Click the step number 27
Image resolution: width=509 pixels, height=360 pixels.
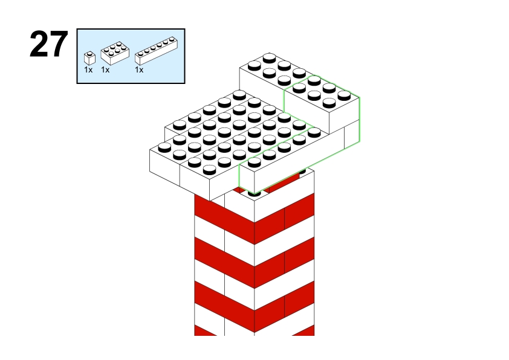click(49, 44)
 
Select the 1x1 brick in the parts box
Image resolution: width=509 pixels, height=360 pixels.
click(89, 58)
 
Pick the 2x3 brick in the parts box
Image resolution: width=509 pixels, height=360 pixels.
click(115, 53)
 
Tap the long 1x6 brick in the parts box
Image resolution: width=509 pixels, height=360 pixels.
click(156, 51)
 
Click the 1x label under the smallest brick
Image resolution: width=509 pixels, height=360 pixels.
click(88, 69)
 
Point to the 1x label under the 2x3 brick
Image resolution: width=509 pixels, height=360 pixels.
click(105, 69)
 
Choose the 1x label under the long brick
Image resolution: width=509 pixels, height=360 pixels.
click(139, 69)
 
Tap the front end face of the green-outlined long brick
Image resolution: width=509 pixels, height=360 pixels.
click(247, 178)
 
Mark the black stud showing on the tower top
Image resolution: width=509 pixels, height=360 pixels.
click(254, 194)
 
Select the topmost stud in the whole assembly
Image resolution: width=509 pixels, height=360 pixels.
click(270, 58)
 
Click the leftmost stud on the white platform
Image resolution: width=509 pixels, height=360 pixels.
click(164, 147)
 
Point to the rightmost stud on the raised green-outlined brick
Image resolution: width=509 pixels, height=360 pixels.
click(344, 95)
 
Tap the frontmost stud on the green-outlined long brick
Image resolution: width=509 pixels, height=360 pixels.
click(254, 162)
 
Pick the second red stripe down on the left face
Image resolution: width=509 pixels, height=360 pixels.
click(224, 263)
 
